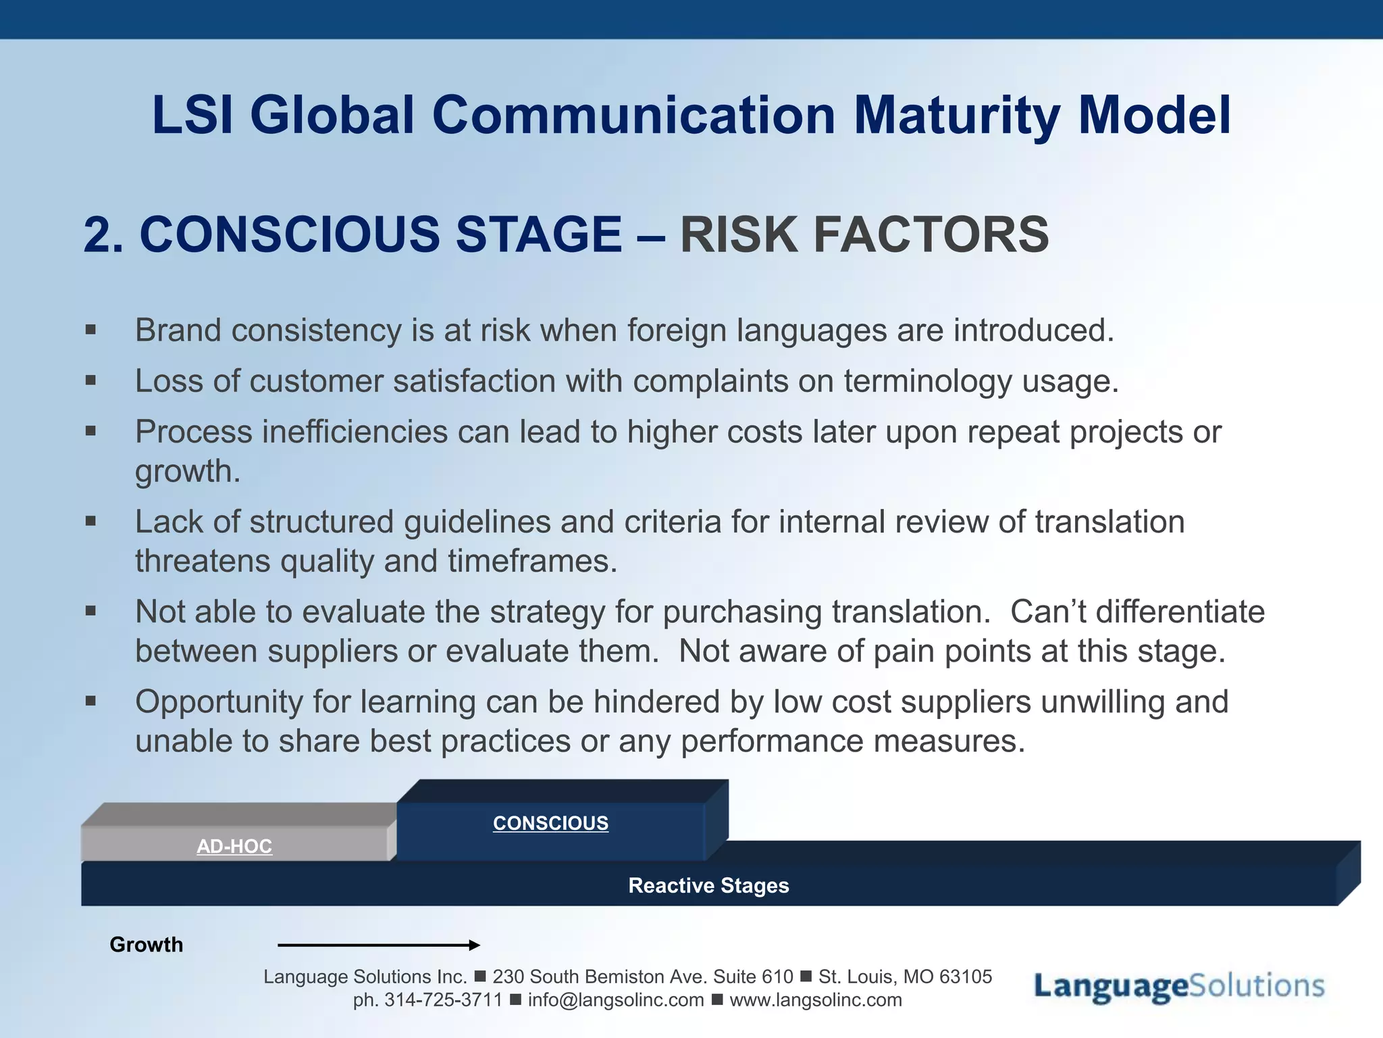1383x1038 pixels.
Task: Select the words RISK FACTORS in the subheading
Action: click(x=864, y=235)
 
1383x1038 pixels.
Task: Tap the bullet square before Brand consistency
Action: click(x=91, y=330)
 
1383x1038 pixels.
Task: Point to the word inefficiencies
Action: click(x=355, y=432)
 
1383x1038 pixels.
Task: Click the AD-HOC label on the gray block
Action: click(x=234, y=846)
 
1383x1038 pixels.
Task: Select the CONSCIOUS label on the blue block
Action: click(x=550, y=823)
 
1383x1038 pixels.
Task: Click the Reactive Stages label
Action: click(x=708, y=885)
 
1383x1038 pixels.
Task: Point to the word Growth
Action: click(x=146, y=945)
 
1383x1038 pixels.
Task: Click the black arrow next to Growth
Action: click(x=378, y=945)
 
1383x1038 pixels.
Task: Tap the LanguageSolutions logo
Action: click(x=1179, y=986)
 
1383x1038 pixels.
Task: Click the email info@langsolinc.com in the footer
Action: click(x=615, y=1000)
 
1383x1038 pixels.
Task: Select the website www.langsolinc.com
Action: click(x=815, y=1000)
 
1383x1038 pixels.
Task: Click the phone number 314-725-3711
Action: click(x=443, y=1000)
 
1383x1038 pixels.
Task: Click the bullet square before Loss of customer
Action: click(x=91, y=381)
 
